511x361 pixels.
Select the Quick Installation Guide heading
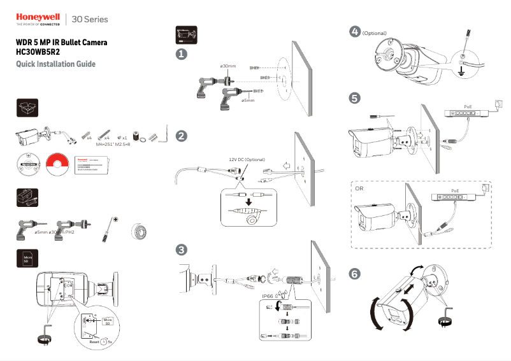pos(55,64)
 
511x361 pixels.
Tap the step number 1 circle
pos(182,55)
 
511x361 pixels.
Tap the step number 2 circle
pos(182,136)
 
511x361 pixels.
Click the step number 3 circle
pos(182,248)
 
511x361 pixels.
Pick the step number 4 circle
pos(354,31)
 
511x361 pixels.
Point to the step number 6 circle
pos(354,274)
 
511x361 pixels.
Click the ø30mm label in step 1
pos(227,66)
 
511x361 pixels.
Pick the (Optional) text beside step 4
pos(375,33)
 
